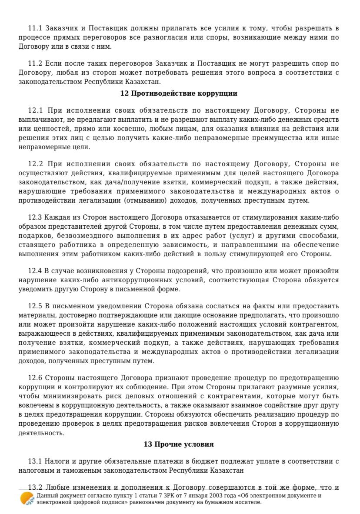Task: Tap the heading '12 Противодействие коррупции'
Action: (179, 93)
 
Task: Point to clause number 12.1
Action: (36, 110)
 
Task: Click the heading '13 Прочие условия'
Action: (179, 444)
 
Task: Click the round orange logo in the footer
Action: (27, 499)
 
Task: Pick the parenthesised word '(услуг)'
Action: (239, 236)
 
